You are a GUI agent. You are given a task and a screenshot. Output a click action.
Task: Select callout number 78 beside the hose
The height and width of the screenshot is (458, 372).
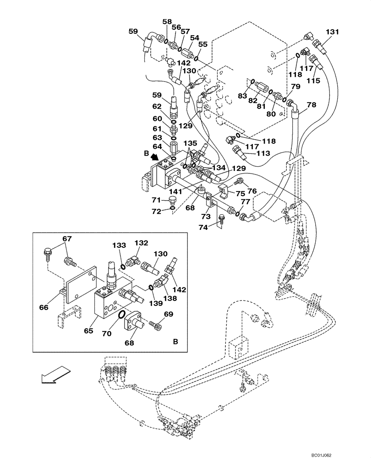(312, 105)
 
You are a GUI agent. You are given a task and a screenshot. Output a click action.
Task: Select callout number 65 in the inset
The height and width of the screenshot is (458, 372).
(88, 330)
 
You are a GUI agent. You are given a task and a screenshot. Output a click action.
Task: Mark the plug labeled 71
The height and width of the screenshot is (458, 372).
(172, 201)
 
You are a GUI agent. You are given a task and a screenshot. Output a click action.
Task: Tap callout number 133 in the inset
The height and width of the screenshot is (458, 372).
(120, 245)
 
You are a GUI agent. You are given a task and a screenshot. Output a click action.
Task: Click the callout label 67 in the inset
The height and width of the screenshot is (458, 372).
(67, 239)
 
